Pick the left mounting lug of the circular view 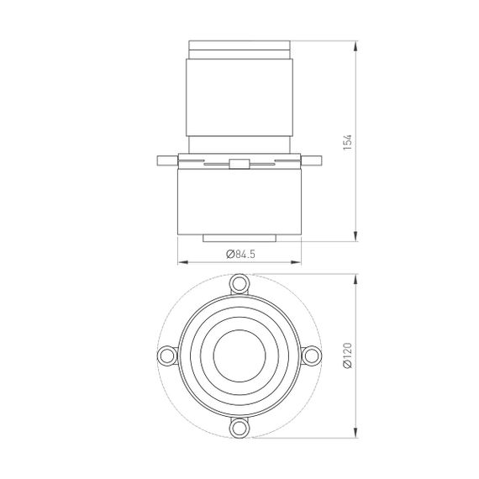coord(167,355)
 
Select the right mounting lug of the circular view coord(313,355)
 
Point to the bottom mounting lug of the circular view coord(240,428)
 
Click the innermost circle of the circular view coord(240,355)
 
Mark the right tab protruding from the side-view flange coord(314,160)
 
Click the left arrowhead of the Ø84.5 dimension coord(182,261)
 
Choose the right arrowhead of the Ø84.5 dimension coord(298,261)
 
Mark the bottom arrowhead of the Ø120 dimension coord(357,434)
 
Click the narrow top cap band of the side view coord(240,44)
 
